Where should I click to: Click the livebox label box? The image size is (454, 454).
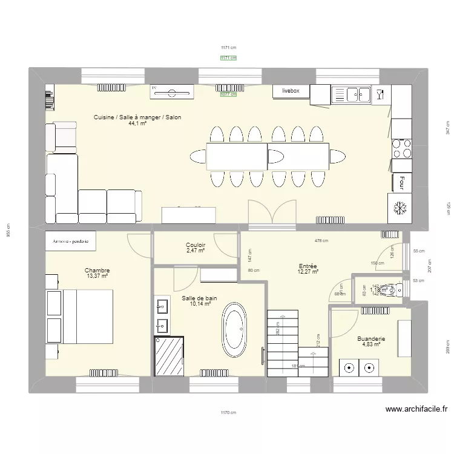point(291,91)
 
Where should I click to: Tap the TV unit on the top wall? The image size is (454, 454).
point(172,91)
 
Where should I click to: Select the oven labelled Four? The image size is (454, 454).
point(402,182)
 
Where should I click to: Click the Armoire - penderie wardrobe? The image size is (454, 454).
point(71,241)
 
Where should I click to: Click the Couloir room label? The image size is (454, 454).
point(196,245)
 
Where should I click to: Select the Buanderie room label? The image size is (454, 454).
point(371,340)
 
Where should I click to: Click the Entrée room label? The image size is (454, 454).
point(308,266)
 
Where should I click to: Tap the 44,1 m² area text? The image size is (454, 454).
point(137,123)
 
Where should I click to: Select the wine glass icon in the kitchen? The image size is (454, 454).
point(380,94)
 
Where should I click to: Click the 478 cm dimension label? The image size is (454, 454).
point(321,240)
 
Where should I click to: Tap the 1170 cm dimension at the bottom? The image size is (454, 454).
point(228,413)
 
